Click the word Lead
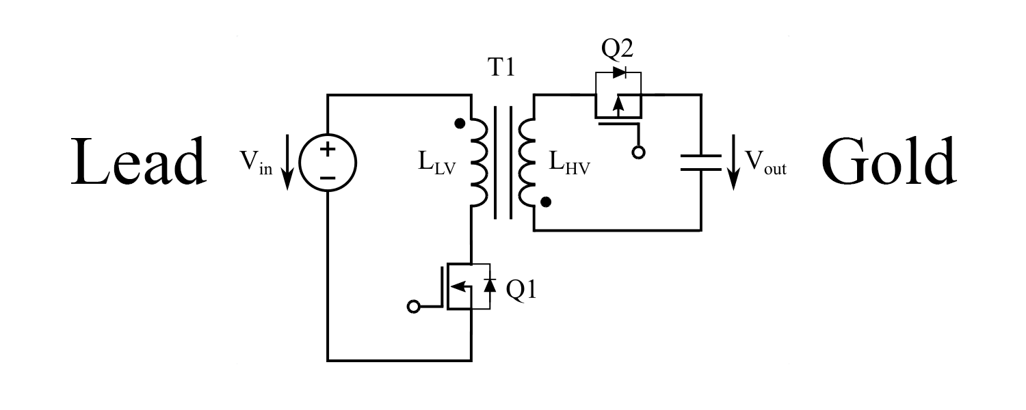(138, 161)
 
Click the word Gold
(889, 161)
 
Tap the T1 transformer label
(501, 67)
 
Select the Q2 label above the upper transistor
(617, 48)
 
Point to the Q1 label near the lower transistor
(521, 290)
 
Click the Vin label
(256, 163)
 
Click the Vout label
(766, 163)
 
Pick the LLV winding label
(437, 163)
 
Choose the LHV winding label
(569, 163)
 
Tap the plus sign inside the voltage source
(328, 149)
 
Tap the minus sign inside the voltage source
(328, 178)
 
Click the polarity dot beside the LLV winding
(460, 123)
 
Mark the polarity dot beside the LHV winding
(546, 202)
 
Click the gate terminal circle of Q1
(413, 307)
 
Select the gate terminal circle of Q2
(638, 152)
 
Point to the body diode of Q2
(619, 72)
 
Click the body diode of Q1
(490, 285)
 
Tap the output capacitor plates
(701, 163)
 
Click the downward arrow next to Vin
(287, 162)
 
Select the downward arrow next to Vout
(734, 162)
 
